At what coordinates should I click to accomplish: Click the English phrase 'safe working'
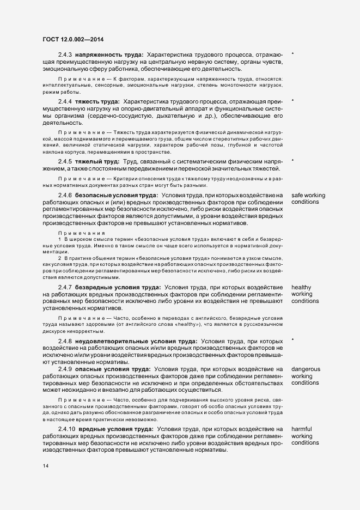[x=309, y=196]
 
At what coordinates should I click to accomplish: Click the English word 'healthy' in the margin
[x=301, y=287]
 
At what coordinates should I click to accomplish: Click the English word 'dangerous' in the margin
[x=306, y=369]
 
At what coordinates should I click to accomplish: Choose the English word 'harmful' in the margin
[x=301, y=429]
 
